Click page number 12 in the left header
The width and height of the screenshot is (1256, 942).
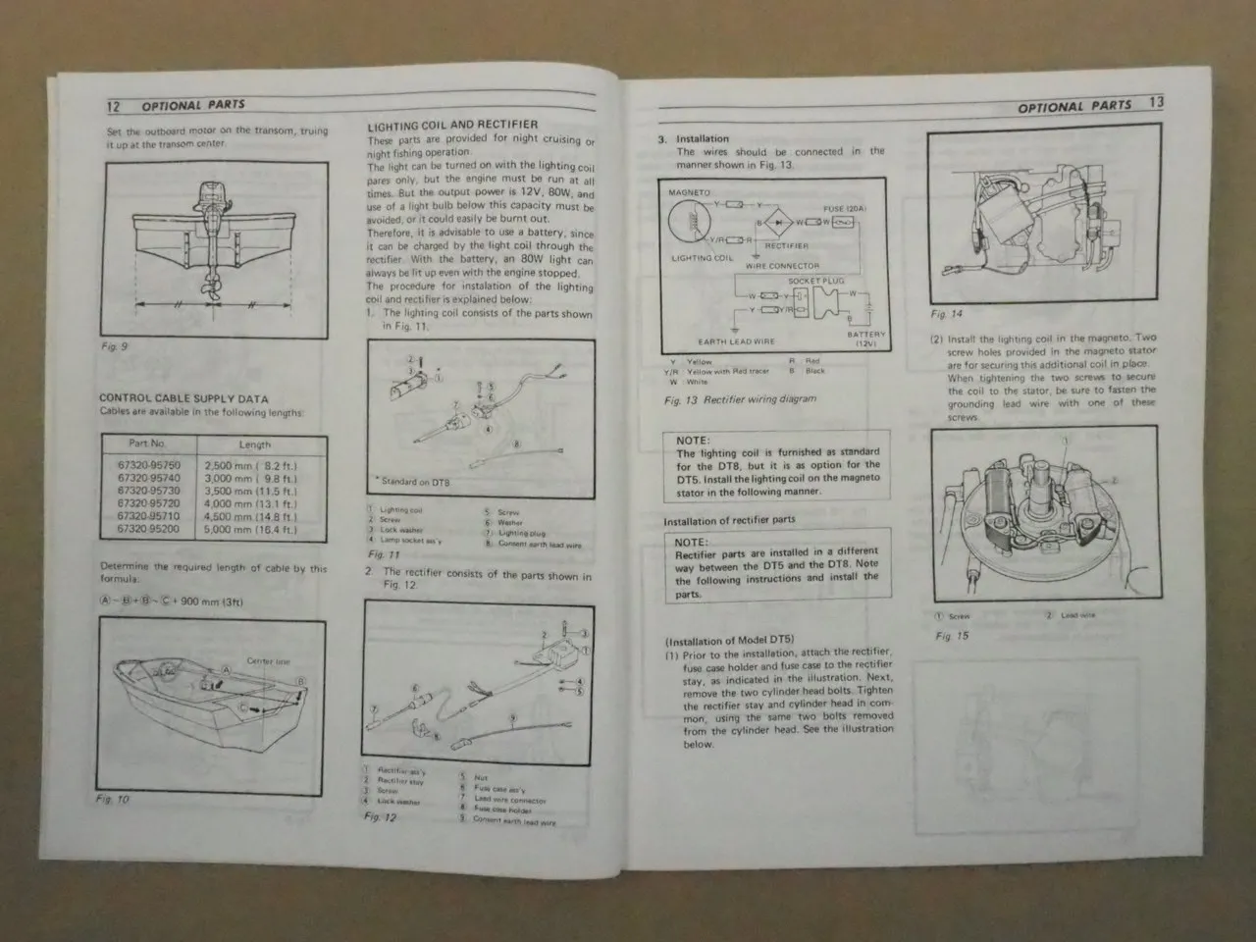coord(114,105)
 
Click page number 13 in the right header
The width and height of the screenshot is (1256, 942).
coord(1155,103)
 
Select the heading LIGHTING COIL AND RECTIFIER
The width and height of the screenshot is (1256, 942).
coord(452,126)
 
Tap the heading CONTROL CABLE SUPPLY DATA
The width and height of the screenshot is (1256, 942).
coord(183,398)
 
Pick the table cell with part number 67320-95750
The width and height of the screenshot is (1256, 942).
coord(148,465)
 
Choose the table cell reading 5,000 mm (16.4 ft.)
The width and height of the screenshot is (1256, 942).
coord(250,529)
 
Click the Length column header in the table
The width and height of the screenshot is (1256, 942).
coord(254,445)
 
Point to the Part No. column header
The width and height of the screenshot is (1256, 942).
coord(147,444)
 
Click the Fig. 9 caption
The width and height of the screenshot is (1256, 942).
coord(114,346)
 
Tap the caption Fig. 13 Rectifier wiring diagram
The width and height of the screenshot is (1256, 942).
coord(740,399)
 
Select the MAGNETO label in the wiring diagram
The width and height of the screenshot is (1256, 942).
coord(689,193)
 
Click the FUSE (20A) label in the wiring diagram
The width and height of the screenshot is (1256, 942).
coord(845,208)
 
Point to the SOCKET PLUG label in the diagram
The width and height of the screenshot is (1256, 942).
coord(816,282)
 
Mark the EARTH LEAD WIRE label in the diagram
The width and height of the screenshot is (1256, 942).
coord(736,341)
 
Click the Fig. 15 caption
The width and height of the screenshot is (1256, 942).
coord(952,636)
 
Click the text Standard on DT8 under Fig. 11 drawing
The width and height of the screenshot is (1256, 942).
coord(413,482)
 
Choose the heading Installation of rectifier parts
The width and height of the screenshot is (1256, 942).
coord(729,520)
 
